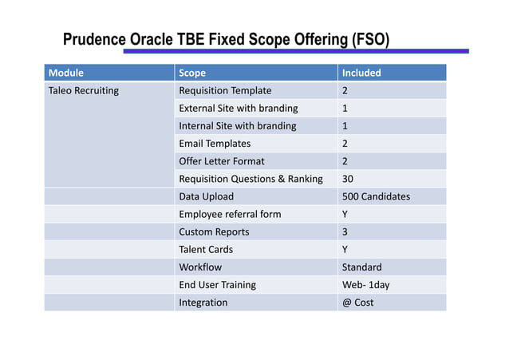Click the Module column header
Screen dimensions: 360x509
66,73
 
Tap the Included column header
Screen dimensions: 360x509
361,73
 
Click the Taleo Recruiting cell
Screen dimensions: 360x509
84,90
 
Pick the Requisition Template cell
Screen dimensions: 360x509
225,90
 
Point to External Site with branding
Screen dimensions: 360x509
239,108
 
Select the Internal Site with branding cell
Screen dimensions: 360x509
238,125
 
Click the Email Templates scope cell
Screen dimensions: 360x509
215,144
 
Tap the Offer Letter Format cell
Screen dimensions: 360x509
222,161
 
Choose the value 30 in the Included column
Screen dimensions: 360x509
348,179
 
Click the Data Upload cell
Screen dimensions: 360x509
207,196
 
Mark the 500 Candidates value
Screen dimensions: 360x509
376,196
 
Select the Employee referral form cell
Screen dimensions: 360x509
230,214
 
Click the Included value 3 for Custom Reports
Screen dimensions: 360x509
345,231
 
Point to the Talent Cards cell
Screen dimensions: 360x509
206,249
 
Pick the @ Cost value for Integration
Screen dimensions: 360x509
357,303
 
